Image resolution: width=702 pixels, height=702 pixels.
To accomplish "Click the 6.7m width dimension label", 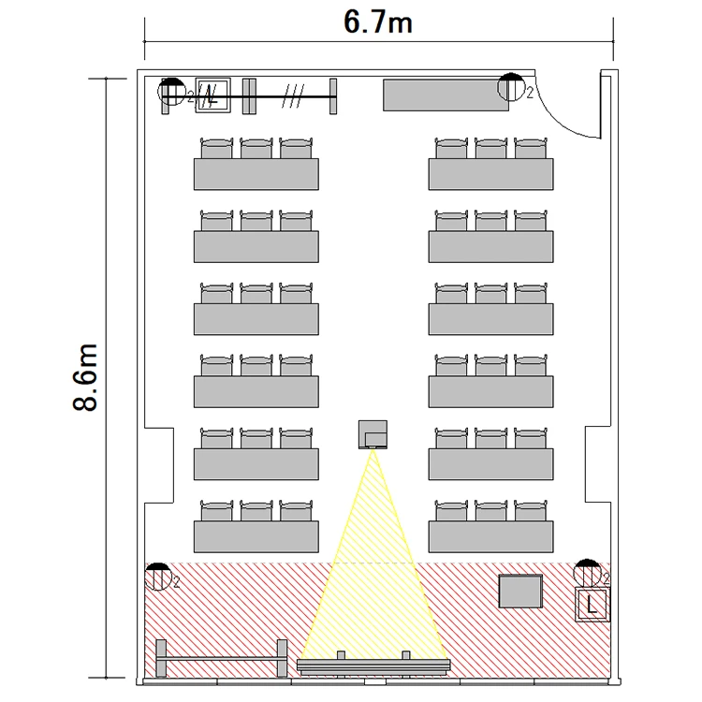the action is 378,22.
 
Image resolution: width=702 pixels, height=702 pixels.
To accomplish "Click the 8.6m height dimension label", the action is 85,377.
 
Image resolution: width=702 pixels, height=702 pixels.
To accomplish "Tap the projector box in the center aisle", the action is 373,434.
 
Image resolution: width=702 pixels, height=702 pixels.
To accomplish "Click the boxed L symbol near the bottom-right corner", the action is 592,605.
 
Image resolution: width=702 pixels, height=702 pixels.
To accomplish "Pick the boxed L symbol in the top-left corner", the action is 213,95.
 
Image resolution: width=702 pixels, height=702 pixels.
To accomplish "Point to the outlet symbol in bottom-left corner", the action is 157,577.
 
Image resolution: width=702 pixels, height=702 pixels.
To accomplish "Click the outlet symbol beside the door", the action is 511,86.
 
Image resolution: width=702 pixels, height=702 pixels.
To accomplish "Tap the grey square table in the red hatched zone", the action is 520,591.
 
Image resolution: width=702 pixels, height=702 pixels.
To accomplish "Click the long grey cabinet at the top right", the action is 446,95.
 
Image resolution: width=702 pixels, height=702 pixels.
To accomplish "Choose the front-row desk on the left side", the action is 256,536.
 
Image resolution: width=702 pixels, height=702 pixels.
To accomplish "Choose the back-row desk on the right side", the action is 490,174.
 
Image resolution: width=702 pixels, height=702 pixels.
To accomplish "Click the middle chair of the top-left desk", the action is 256,148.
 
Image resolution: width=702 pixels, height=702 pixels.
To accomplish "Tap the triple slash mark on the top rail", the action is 293,95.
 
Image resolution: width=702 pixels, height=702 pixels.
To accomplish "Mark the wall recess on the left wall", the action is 159,465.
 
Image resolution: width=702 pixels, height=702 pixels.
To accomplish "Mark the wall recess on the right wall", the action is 598,464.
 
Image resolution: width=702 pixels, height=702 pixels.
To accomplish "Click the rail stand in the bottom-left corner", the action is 221,658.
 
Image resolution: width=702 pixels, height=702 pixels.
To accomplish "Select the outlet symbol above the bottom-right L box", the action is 587,573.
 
